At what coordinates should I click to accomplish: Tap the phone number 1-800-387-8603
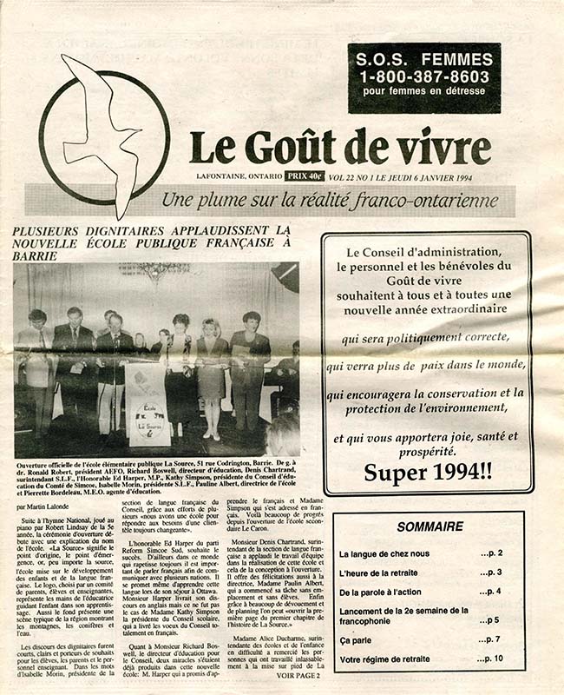point(424,77)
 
